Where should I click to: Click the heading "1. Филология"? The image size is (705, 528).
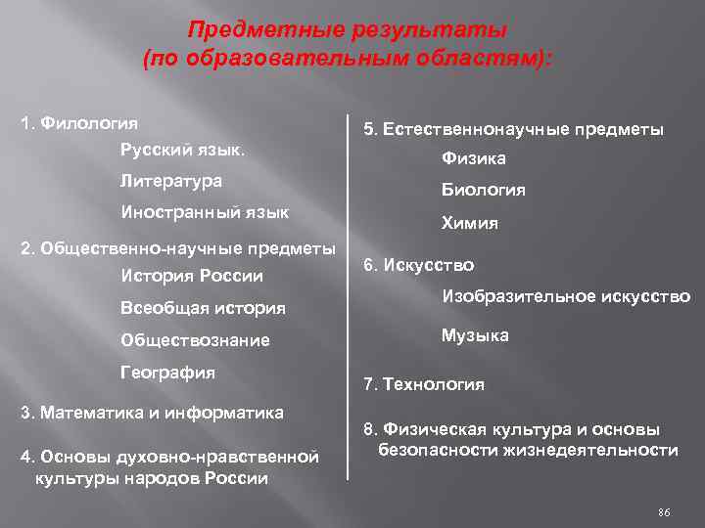[79, 124]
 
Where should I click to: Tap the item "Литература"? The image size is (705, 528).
[170, 181]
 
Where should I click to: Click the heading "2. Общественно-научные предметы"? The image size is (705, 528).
[178, 247]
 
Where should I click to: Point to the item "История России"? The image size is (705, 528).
[191, 277]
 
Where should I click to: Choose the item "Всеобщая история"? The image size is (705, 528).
[203, 308]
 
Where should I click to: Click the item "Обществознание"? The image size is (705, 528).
[195, 340]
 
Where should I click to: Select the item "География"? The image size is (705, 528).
[167, 372]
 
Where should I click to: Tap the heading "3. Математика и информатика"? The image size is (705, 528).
[153, 412]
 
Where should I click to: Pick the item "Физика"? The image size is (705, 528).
[474, 158]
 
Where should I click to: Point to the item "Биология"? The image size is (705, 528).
[484, 190]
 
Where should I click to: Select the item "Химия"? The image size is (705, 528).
[470, 223]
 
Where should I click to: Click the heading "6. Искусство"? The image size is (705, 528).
[418, 265]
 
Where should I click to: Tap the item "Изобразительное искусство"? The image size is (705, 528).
[566, 296]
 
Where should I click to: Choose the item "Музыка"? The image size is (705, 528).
[475, 335]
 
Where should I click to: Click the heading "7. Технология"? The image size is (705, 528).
[423, 384]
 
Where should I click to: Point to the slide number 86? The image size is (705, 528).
[664, 512]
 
